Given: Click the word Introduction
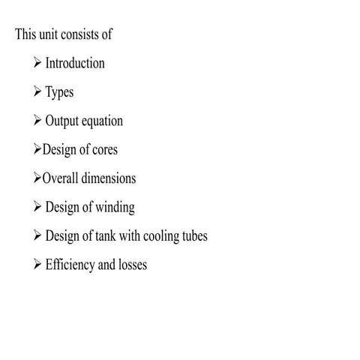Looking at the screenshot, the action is (75, 63).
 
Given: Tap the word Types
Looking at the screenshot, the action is (60, 92).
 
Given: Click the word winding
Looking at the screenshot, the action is (113, 208).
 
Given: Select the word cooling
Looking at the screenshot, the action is (158, 237).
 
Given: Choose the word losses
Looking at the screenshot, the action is (130, 265).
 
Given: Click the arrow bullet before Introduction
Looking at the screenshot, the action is (37, 63).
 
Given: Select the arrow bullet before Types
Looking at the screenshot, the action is (37, 92).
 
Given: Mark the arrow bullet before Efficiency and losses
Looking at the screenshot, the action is (37, 265).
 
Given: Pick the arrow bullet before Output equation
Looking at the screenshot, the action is (37, 121).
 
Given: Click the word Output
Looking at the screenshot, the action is (62, 121).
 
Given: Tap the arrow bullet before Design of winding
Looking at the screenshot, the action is (37, 208).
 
